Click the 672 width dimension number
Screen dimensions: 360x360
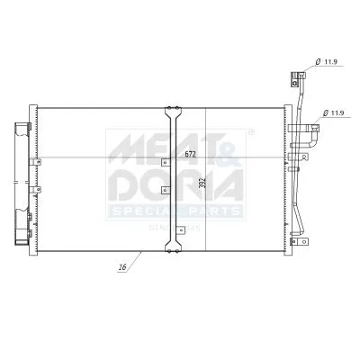coord(190,154)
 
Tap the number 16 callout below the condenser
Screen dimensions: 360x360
coord(121,267)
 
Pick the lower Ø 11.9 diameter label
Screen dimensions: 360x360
coord(336,112)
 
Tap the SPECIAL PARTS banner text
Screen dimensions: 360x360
coord(175,211)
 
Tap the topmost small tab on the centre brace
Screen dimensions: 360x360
coord(163,163)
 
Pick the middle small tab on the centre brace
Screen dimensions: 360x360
coord(163,191)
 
